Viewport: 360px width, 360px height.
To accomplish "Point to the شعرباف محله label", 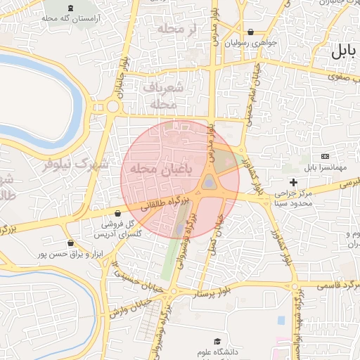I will click(166, 95).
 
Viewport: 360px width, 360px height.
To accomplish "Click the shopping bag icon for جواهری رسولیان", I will click(251, 32).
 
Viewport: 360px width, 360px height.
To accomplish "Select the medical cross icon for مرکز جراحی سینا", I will click(294, 183).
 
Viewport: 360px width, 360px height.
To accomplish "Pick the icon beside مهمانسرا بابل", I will click(325, 155).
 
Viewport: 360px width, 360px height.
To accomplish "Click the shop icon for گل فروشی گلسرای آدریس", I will click(117, 213).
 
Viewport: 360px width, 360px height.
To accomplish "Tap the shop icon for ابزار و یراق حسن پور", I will click(69, 243).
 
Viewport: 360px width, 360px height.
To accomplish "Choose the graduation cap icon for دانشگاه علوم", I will click(226, 341).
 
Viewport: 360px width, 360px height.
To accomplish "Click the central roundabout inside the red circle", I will click(209, 184).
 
